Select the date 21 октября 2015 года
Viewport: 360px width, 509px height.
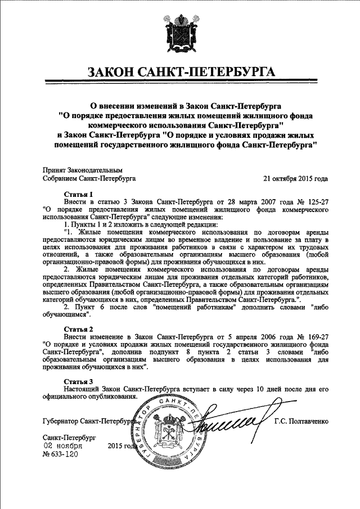(296, 178)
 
